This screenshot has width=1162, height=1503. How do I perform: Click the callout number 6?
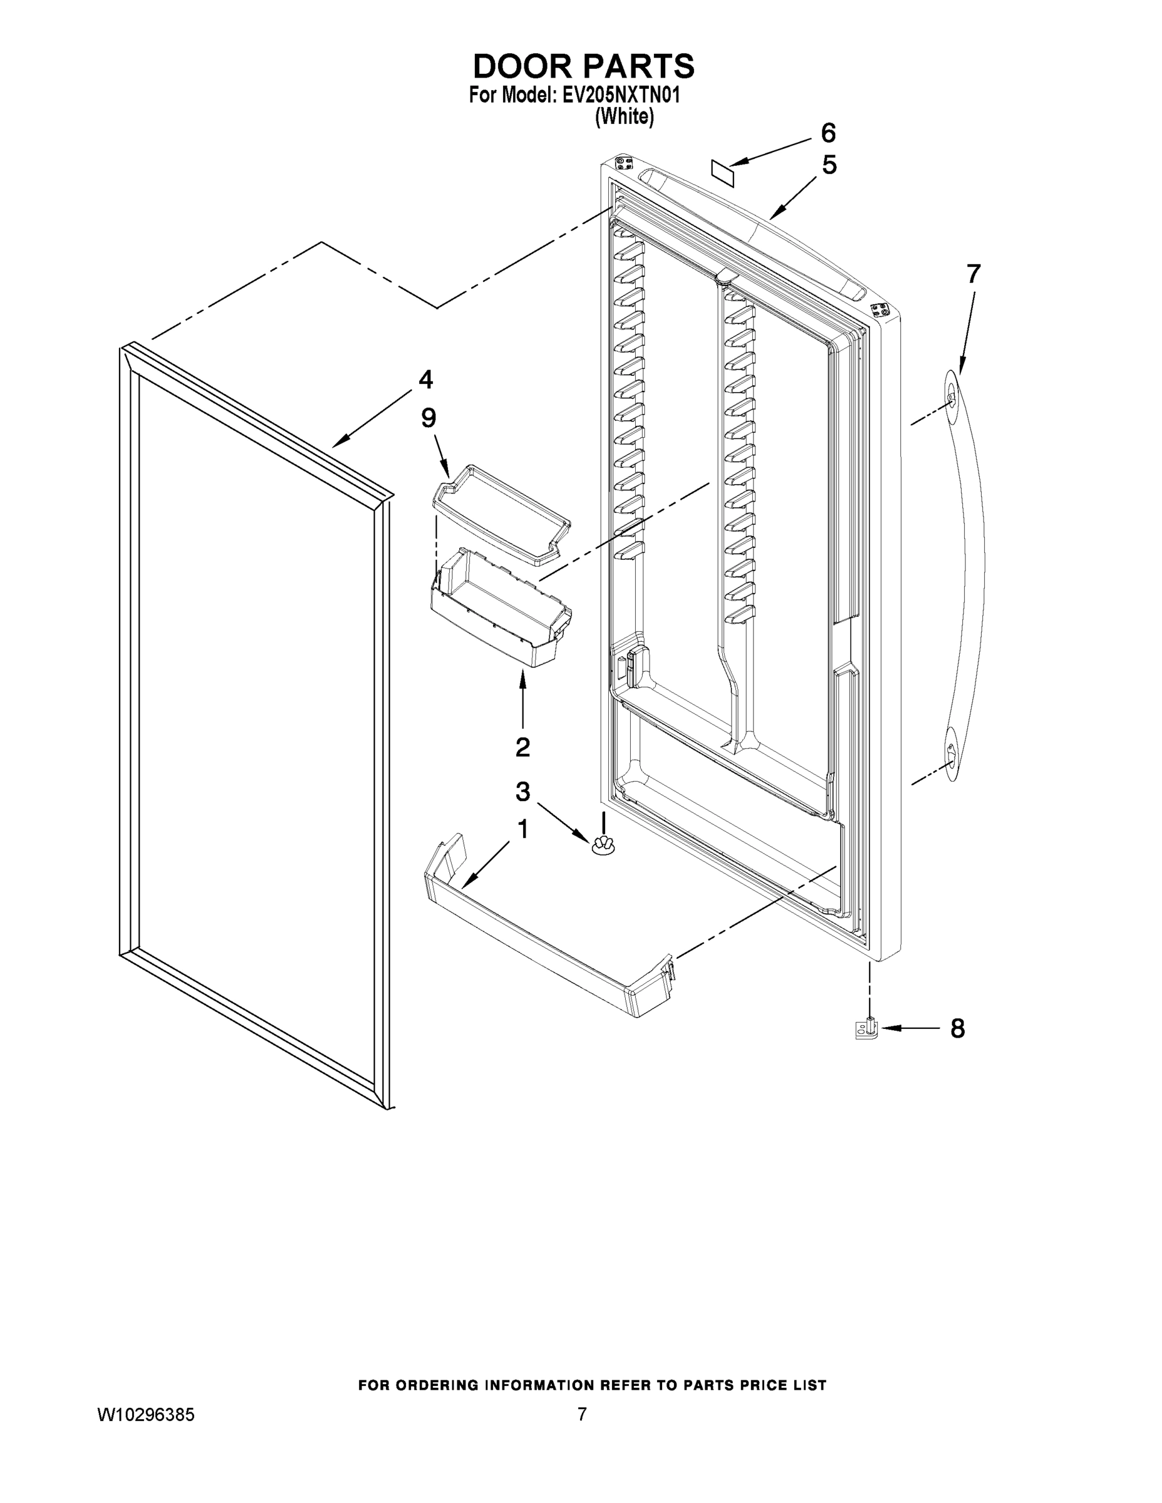(828, 132)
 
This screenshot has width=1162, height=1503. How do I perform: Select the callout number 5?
(829, 165)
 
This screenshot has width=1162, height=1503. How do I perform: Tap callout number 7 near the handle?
(973, 274)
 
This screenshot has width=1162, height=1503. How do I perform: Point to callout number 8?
(958, 1029)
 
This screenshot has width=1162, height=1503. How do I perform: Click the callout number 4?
(425, 379)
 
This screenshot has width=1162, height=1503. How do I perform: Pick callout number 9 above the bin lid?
(428, 418)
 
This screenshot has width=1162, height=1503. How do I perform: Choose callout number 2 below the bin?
(522, 747)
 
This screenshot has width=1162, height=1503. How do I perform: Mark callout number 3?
(522, 792)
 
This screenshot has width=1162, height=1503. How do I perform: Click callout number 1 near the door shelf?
(522, 830)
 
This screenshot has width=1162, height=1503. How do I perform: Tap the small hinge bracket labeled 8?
(867, 1030)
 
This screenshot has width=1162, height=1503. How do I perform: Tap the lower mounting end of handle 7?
(950, 757)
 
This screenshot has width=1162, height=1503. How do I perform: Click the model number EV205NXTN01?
(621, 95)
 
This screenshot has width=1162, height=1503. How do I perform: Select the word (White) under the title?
(624, 117)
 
